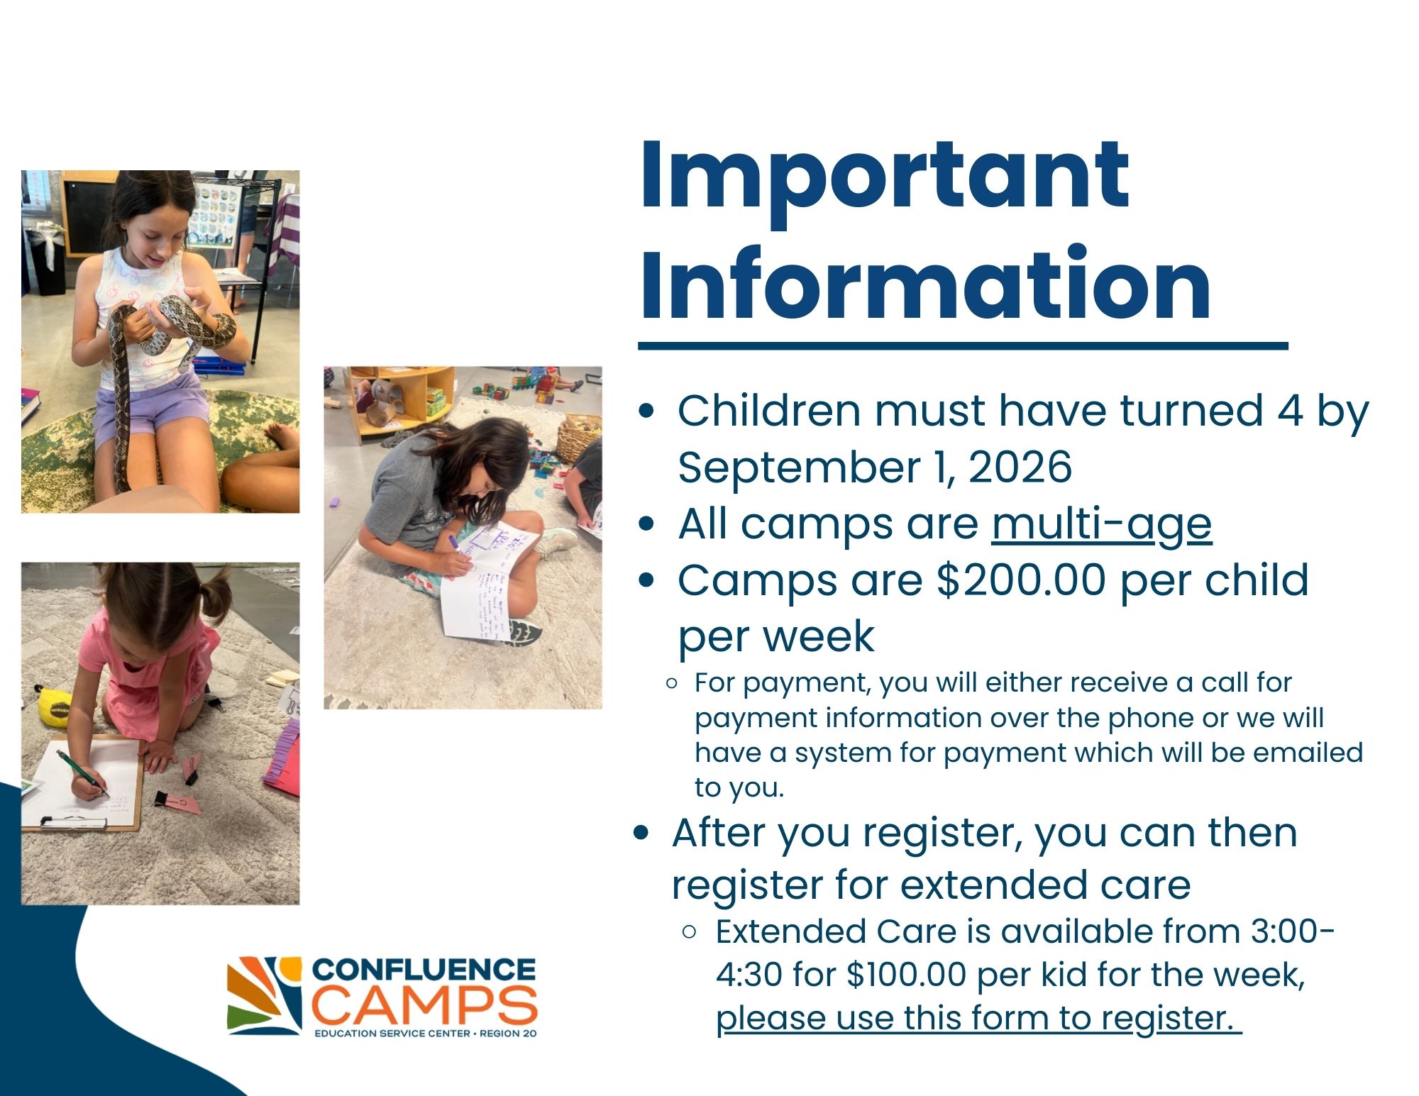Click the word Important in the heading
(x=883, y=177)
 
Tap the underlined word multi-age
(x=1101, y=525)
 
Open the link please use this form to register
(x=978, y=1019)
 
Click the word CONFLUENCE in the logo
(x=424, y=970)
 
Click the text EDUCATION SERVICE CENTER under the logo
(x=392, y=1034)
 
